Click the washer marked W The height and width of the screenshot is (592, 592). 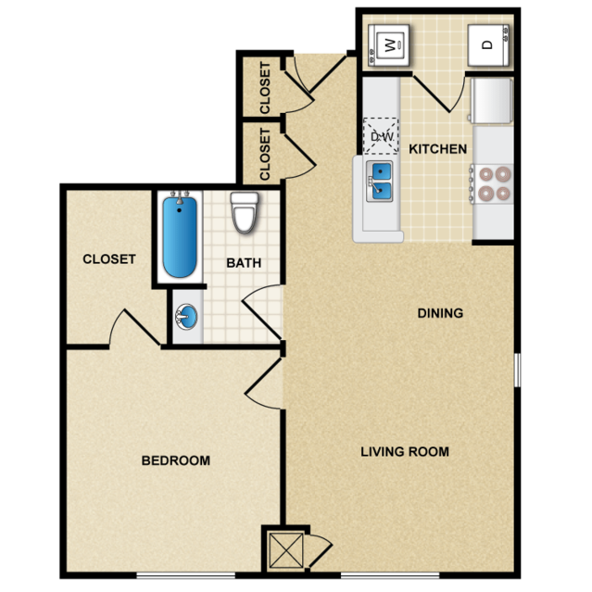[388, 45]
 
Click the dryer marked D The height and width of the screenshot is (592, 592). [488, 45]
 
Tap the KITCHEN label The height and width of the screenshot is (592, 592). [437, 149]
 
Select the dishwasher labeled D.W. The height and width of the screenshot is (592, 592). [381, 136]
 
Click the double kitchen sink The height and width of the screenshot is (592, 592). [380, 182]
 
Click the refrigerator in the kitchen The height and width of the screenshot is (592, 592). [492, 100]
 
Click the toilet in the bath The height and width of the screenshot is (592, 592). [245, 212]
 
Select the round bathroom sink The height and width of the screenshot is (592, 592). [186, 317]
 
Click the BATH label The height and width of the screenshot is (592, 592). [244, 263]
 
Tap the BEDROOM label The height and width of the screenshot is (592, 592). [175, 460]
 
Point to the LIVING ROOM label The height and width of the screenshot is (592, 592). [405, 451]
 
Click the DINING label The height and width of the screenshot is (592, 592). [440, 313]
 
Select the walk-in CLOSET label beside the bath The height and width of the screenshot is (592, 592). [109, 259]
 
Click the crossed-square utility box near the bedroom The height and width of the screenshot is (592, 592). [286, 551]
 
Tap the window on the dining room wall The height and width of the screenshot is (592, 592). [518, 370]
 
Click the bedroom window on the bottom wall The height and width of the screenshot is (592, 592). [186, 575]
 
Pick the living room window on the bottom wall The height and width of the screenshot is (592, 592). [390, 575]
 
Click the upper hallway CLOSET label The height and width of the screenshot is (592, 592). [265, 88]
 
